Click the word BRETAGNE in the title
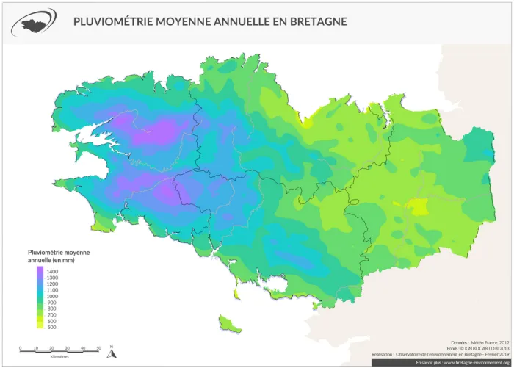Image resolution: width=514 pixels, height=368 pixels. click(x=315, y=22)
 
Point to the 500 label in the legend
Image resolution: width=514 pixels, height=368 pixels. click(x=51, y=327)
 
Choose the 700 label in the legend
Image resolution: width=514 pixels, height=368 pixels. click(x=51, y=314)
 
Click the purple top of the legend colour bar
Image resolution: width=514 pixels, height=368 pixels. click(x=40, y=270)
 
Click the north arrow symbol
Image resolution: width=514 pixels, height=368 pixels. click(x=111, y=352)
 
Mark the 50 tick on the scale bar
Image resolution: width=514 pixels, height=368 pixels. click(x=98, y=347)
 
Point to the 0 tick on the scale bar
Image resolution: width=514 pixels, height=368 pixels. click(x=21, y=347)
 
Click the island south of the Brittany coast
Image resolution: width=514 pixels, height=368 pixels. click(x=228, y=322)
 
